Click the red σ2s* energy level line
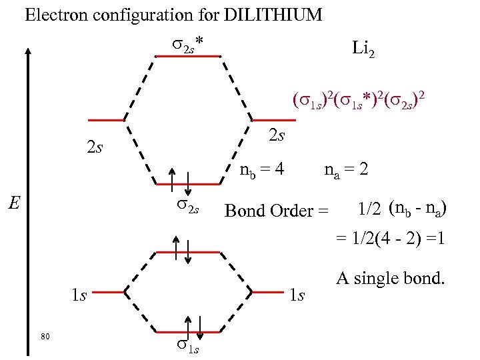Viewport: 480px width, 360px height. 187,56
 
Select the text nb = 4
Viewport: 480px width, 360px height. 262,170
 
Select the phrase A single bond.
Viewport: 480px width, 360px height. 390,279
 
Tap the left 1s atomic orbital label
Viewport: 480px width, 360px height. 79,295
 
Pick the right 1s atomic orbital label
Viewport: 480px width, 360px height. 296,295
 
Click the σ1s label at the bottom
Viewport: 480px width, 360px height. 187,347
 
